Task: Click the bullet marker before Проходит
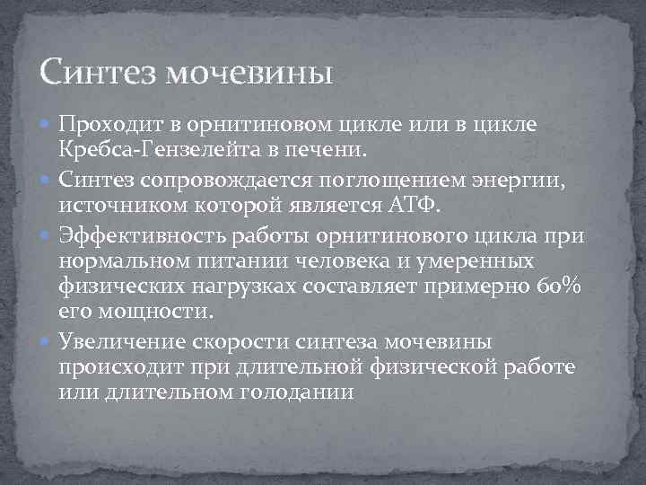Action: click(47, 122)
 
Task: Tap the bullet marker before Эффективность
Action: click(47, 238)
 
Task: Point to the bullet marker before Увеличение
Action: click(47, 343)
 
